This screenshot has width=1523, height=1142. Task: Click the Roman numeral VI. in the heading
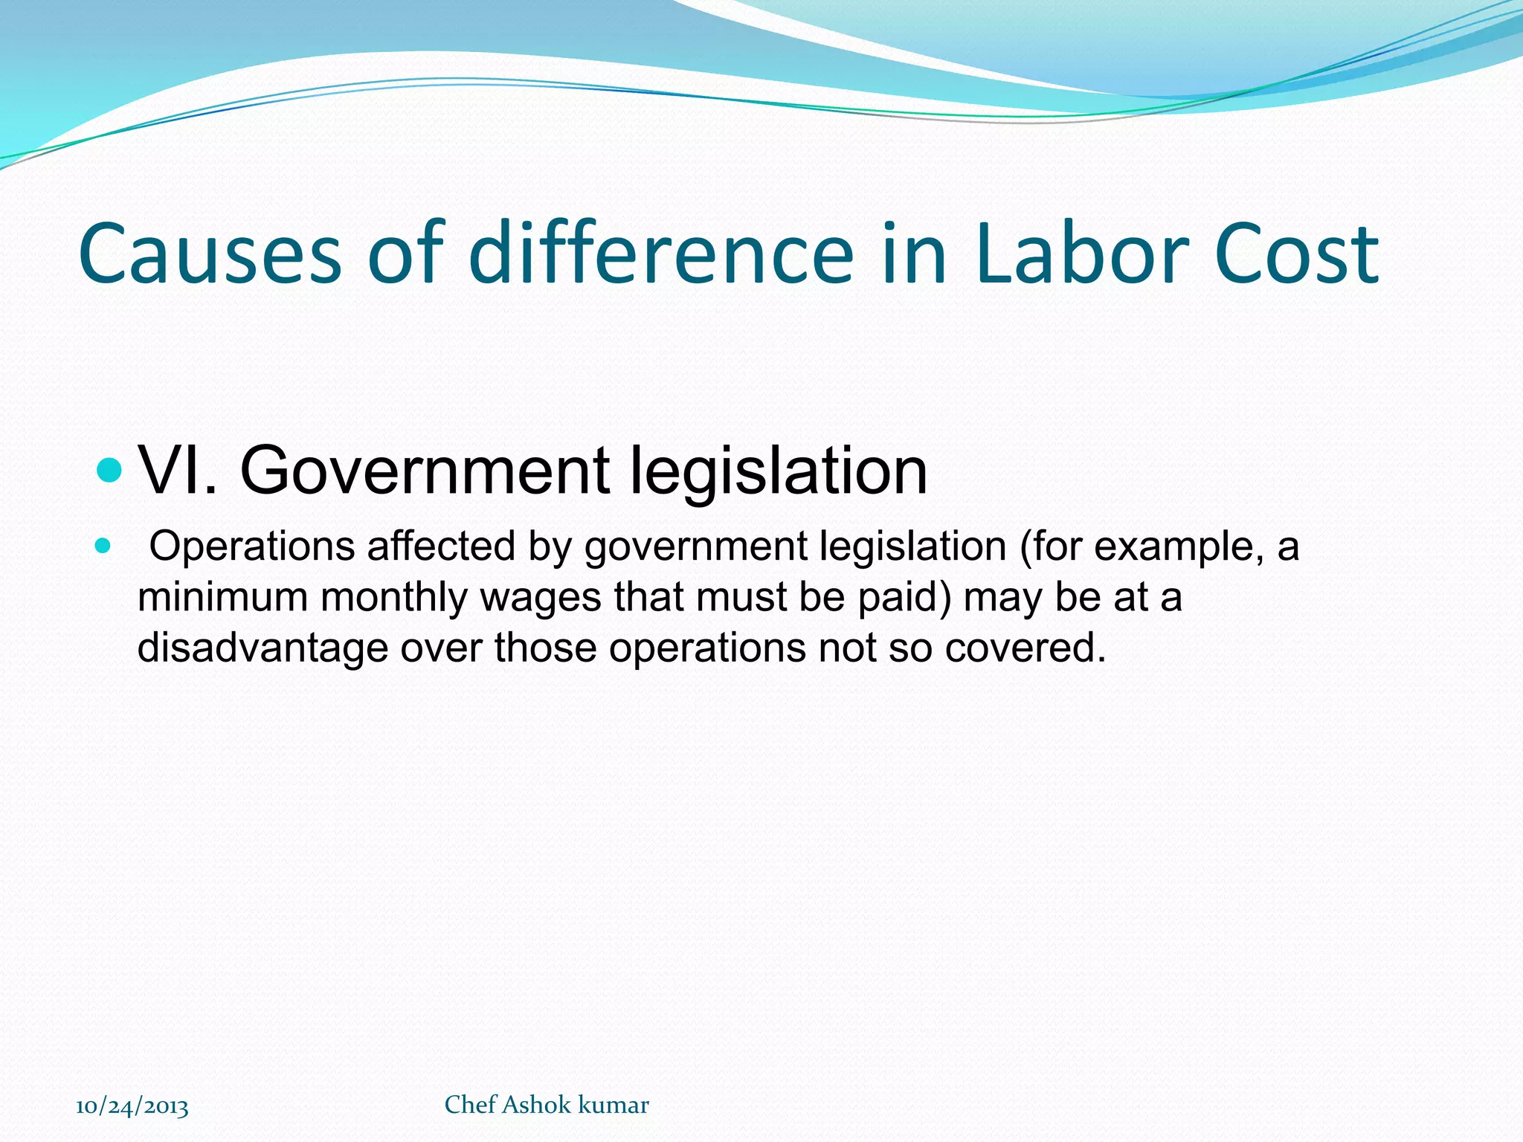click(179, 470)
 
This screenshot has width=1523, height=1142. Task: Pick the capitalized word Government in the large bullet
click(425, 470)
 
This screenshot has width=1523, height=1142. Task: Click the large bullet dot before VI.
click(109, 470)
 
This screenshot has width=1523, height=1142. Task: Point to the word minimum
click(222, 597)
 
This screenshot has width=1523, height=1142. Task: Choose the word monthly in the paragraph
click(394, 597)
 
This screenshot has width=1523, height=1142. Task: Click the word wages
click(541, 599)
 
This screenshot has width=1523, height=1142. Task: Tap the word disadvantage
click(263, 648)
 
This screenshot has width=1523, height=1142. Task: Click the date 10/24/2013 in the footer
click(132, 1106)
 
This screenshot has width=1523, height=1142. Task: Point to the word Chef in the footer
click(470, 1105)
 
